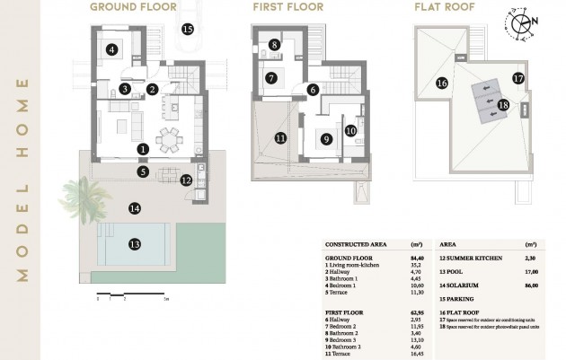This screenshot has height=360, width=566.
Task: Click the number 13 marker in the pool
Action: click(134, 243)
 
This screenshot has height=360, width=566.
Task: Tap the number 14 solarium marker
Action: click(134, 208)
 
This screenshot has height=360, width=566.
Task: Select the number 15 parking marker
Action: click(187, 29)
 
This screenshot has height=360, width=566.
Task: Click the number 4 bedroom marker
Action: click(111, 50)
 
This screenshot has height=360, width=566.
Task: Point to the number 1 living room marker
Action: click(143, 148)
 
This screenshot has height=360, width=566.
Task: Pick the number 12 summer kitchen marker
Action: click(185, 180)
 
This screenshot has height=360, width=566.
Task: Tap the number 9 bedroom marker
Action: click(326, 139)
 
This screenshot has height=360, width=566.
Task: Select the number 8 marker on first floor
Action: click(274, 44)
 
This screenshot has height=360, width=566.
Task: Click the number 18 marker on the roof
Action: click(502, 105)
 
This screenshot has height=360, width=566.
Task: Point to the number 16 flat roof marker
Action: click(441, 83)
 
